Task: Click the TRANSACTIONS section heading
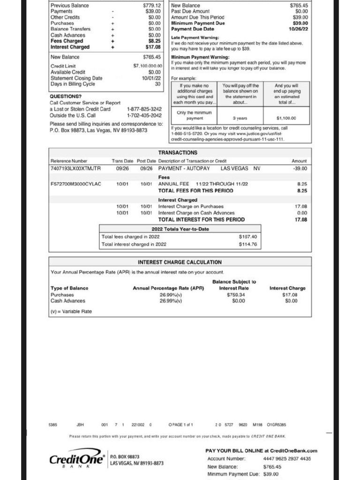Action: [178, 153]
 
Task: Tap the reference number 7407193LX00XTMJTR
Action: [75, 168]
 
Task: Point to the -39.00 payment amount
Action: [299, 168]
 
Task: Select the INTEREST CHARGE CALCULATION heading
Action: [180, 262]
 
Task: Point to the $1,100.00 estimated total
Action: [286, 119]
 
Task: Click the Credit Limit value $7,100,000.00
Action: [148, 66]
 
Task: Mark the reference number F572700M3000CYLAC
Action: [75, 184]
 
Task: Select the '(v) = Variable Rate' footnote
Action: [71, 311]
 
